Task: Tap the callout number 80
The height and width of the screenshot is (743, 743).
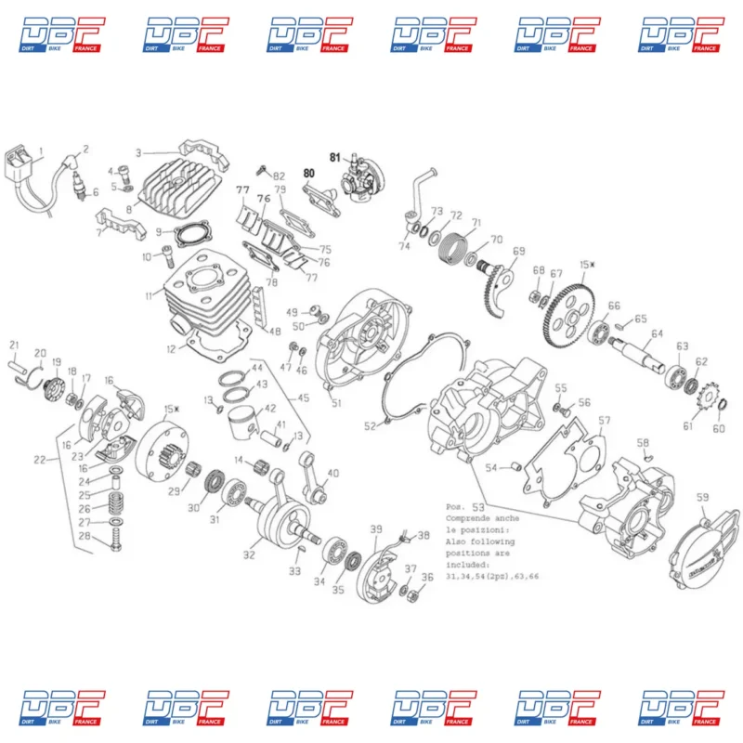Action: coord(308,173)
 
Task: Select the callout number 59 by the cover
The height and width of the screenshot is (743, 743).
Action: coord(702,498)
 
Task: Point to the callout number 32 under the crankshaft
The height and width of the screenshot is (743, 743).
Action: coord(249,554)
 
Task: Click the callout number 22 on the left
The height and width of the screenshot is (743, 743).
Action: coord(39,461)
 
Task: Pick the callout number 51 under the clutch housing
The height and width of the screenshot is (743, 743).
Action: coord(336,402)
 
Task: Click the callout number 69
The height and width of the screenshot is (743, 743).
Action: coord(518,252)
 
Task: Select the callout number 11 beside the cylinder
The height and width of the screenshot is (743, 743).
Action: coord(148,296)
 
